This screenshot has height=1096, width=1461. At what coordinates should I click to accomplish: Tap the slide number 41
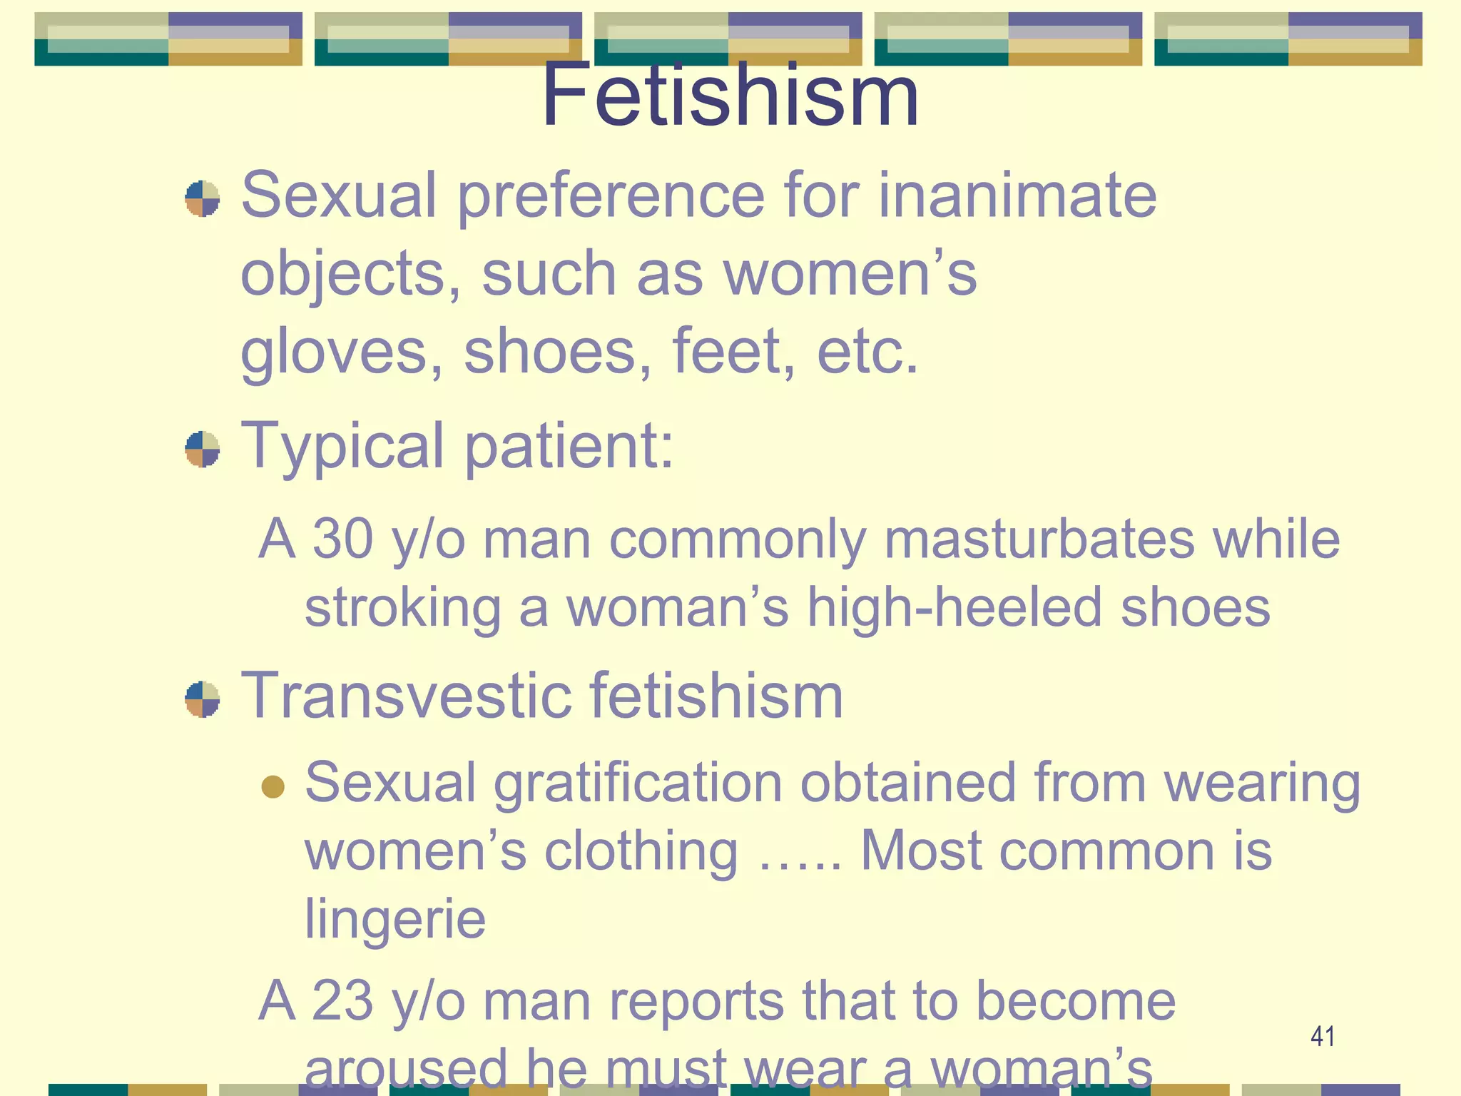[x=1323, y=1036]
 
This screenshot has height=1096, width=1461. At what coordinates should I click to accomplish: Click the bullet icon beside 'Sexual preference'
[x=202, y=198]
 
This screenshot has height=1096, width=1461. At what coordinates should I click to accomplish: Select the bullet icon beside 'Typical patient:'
[x=202, y=449]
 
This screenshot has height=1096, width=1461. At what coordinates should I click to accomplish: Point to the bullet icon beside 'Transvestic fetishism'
[x=202, y=699]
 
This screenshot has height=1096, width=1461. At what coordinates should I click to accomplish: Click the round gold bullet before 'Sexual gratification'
[x=273, y=787]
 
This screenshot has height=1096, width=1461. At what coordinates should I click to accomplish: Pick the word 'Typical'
[x=343, y=447]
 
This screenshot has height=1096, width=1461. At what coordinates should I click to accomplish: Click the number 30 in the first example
[x=343, y=539]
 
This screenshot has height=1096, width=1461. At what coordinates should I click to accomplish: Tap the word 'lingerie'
[x=395, y=920]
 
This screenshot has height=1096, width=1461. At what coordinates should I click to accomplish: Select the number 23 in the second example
[x=342, y=1000]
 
